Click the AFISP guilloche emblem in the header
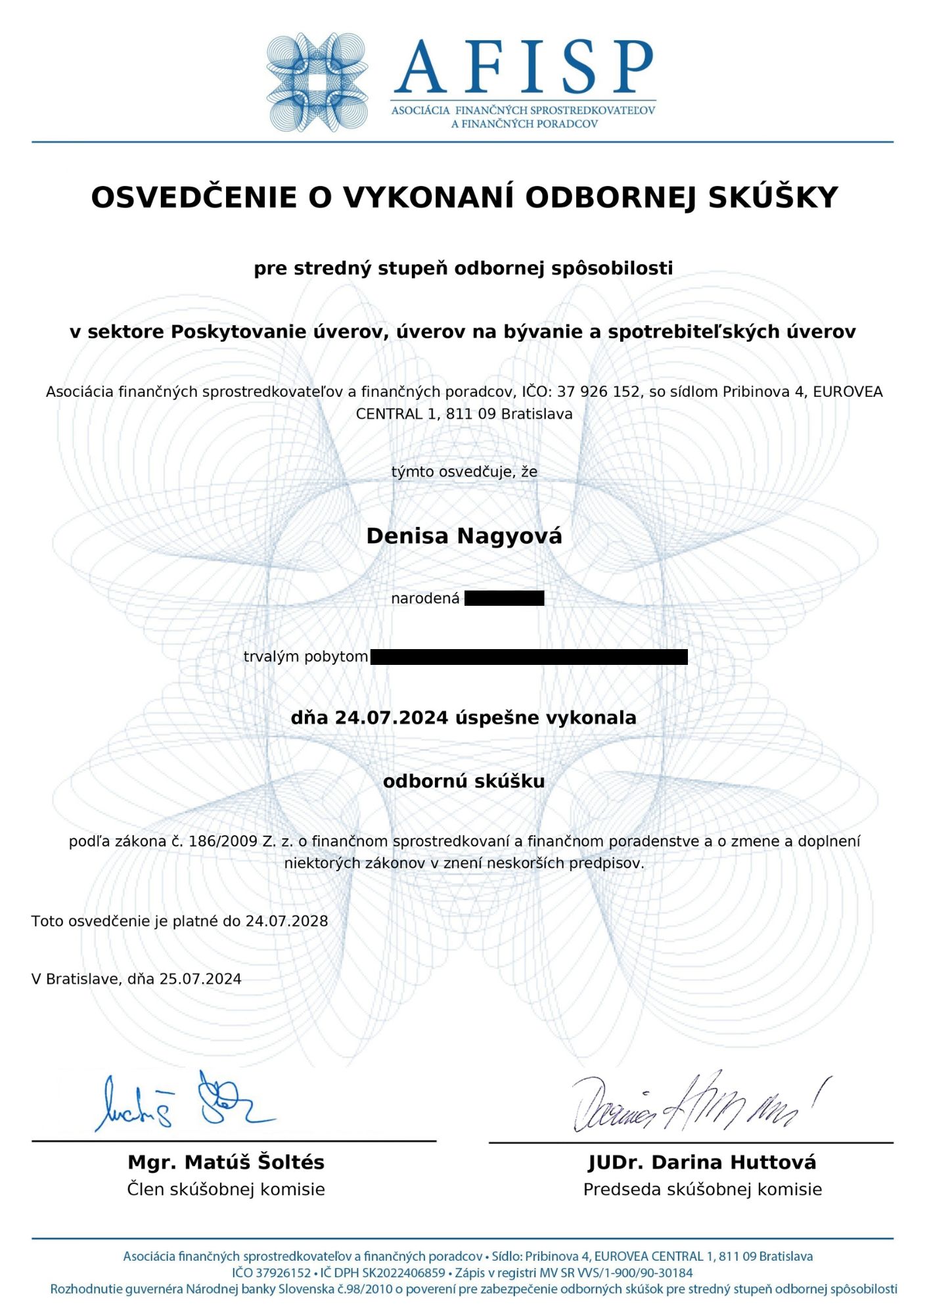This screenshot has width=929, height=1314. point(317,82)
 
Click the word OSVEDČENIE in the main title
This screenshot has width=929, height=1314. point(194,197)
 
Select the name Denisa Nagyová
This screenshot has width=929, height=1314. point(464,536)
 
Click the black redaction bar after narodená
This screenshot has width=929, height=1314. point(504,598)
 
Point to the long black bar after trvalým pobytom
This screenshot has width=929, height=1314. point(529,656)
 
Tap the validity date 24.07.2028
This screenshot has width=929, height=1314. point(286,921)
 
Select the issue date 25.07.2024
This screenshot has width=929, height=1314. point(200,979)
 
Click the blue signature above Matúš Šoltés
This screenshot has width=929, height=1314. point(184,1104)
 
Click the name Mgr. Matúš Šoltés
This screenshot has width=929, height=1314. point(226,1162)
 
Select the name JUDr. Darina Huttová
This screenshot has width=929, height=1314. point(702,1162)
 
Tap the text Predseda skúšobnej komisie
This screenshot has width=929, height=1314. point(702,1189)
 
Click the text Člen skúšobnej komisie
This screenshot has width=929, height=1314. point(226,1189)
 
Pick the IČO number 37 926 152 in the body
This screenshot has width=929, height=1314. point(598,392)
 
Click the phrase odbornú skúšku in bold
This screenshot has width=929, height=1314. point(464,781)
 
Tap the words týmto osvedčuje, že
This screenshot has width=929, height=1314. point(464,472)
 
